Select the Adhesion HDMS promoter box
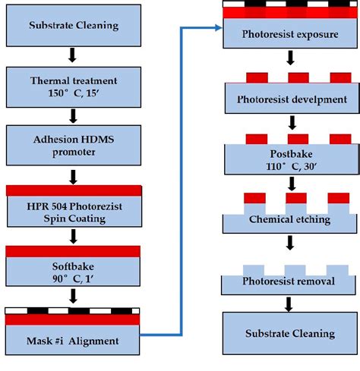[x=74, y=144]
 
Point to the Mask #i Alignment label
[x=74, y=341]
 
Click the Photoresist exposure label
[x=289, y=34]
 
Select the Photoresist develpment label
[x=289, y=99]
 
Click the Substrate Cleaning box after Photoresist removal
[x=289, y=334]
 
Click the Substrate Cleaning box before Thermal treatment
[x=74, y=26]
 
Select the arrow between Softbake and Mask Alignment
[x=74, y=295]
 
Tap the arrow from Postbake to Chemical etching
[x=289, y=184]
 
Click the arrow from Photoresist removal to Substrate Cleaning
[x=289, y=304]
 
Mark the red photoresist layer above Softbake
[x=74, y=250]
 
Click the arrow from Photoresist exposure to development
[x=289, y=58]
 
